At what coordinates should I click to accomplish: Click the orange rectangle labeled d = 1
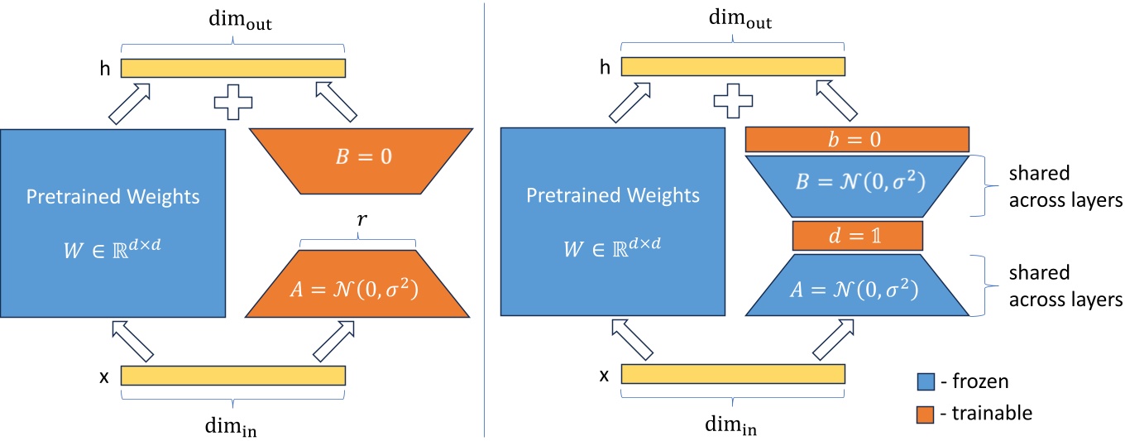pos(857,236)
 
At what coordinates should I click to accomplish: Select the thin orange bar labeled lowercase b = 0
pos(857,140)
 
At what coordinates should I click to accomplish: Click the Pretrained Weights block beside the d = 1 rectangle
pos(613,223)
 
